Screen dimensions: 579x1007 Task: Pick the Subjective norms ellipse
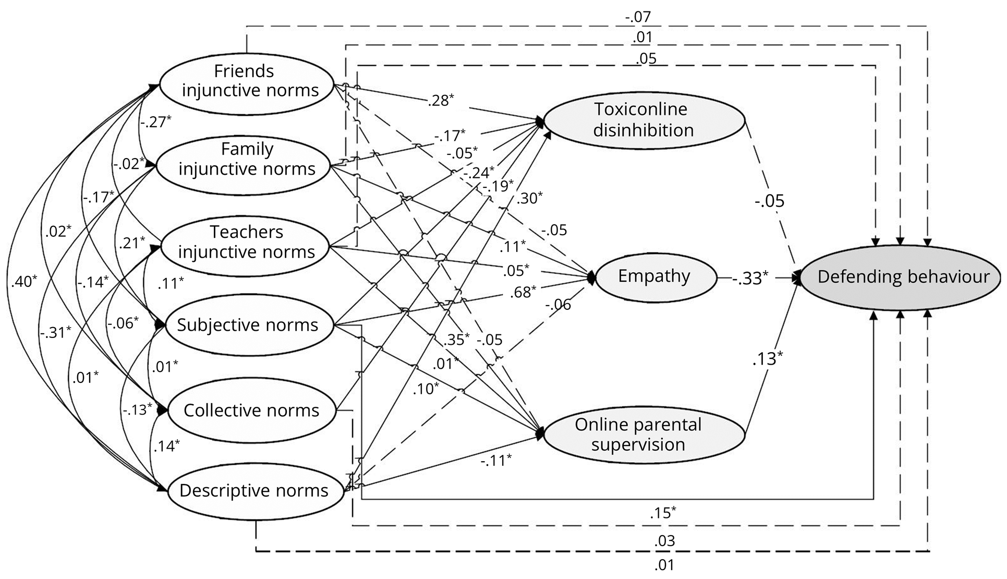pyautogui.click(x=248, y=325)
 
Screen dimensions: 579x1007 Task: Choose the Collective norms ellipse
pyautogui.click(x=251, y=411)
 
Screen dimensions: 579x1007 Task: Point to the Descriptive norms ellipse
pyautogui.click(x=254, y=491)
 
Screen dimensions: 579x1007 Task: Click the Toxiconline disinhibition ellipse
pyautogui.click(x=644, y=120)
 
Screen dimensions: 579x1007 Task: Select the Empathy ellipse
pyautogui.click(x=654, y=276)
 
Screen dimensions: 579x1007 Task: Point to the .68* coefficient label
pyautogui.click(x=523, y=292)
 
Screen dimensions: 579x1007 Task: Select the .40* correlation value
pyautogui.click(x=24, y=281)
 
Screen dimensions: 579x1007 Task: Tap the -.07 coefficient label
pyautogui.click(x=638, y=17)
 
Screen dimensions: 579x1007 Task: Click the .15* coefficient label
pyautogui.click(x=663, y=513)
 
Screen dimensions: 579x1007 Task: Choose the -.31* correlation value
pyautogui.click(x=55, y=332)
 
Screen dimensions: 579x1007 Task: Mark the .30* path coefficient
pyautogui.click(x=530, y=198)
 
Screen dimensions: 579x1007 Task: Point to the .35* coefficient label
pyautogui.click(x=457, y=340)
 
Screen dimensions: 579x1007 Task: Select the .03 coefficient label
pyautogui.click(x=665, y=541)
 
